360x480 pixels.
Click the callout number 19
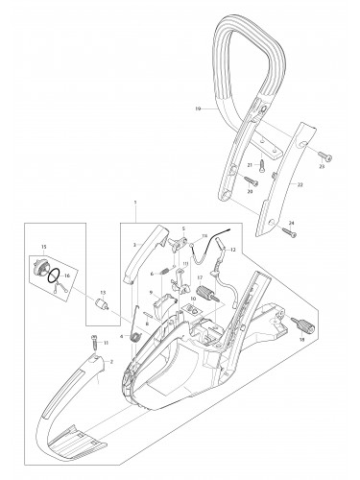[x=198, y=109]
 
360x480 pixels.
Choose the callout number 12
[x=234, y=249]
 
